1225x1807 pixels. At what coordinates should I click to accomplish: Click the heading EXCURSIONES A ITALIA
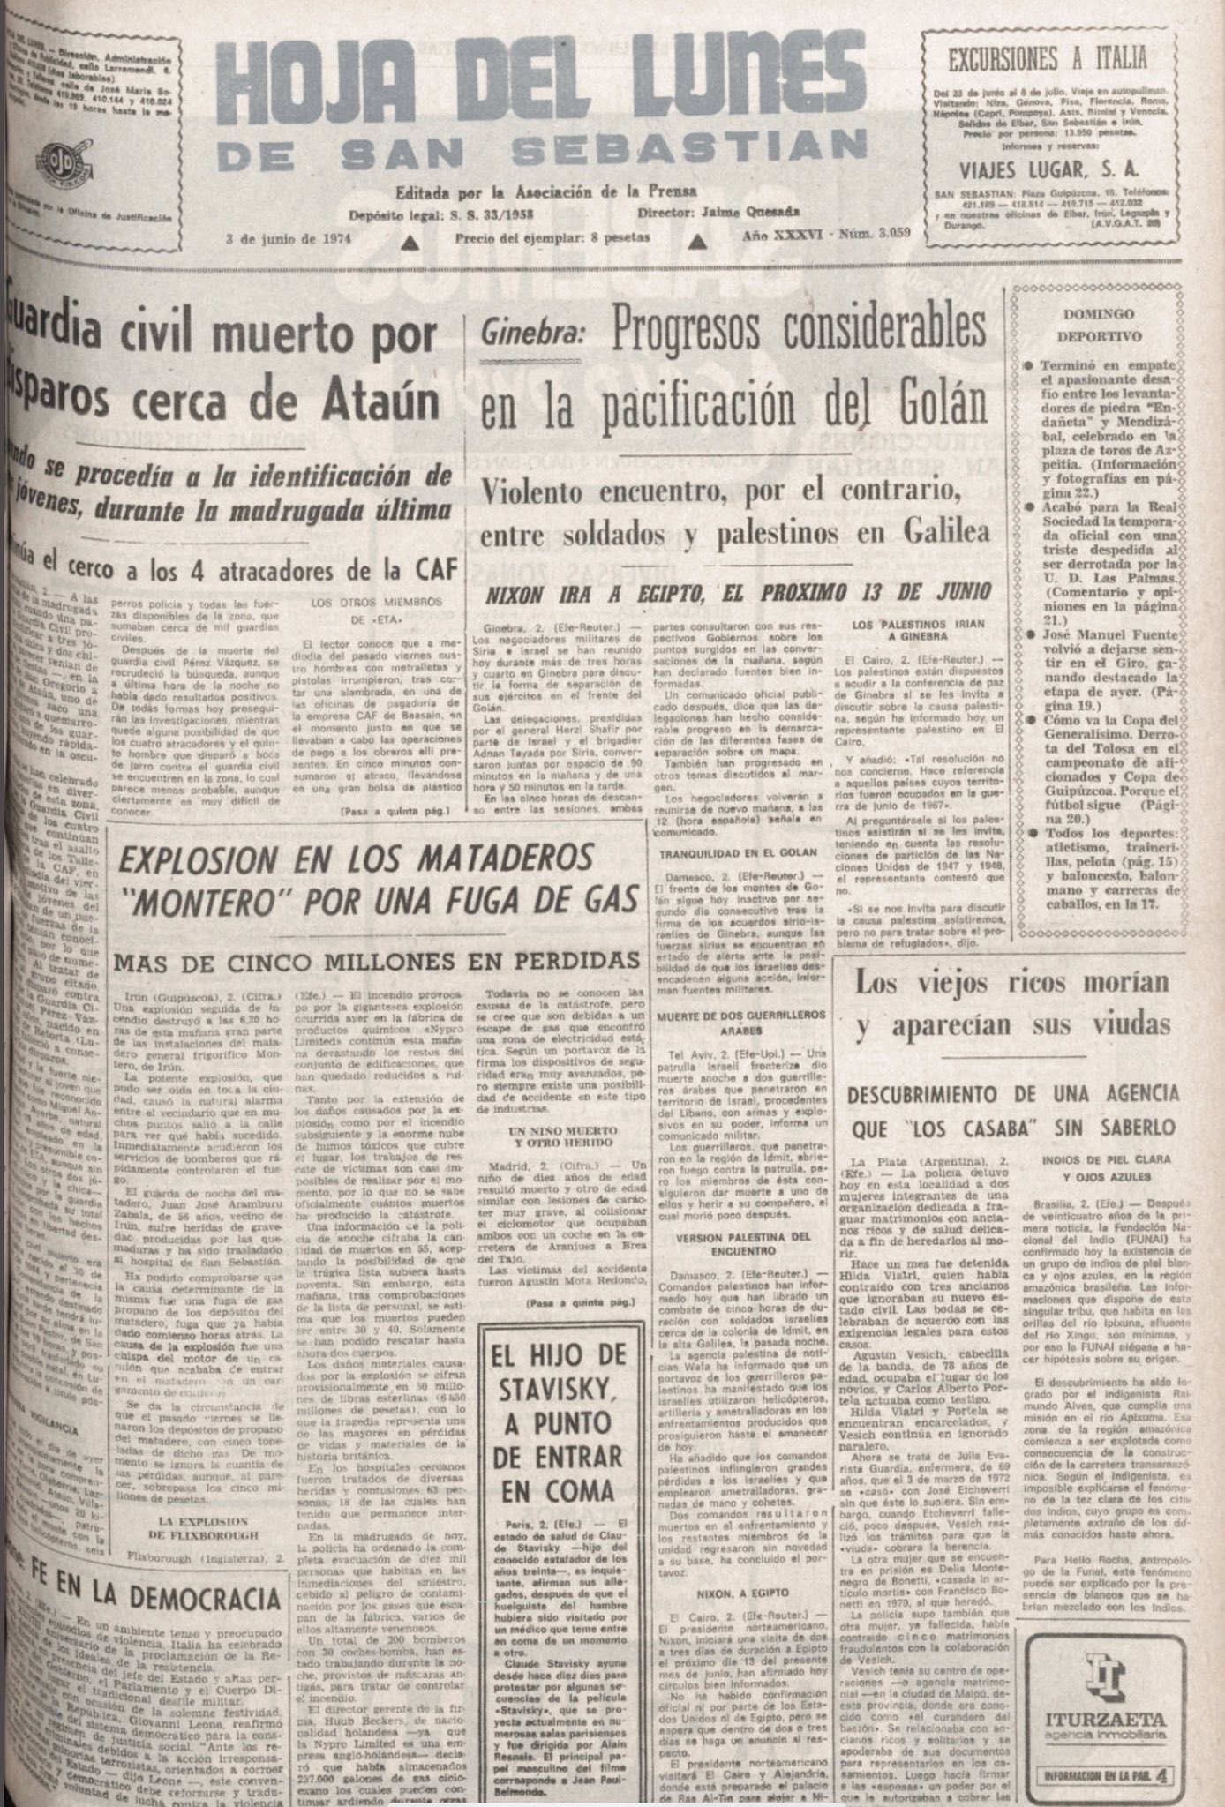[x=1047, y=59]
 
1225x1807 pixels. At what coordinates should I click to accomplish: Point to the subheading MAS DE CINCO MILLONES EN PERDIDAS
[x=377, y=959]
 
